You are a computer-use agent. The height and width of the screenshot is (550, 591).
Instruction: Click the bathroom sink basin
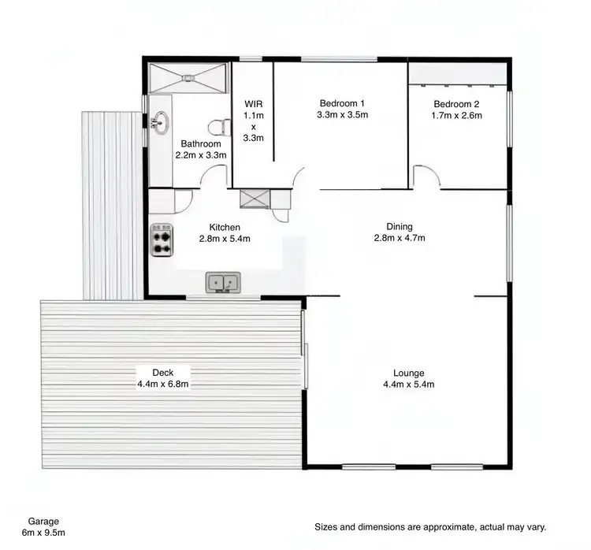click(162, 121)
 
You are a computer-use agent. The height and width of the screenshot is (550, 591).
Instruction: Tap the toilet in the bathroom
click(217, 126)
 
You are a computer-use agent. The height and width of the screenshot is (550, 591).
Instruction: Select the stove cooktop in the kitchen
click(162, 240)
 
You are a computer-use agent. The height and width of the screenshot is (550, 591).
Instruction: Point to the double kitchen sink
click(223, 282)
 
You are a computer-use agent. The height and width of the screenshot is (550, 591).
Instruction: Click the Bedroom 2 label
click(456, 104)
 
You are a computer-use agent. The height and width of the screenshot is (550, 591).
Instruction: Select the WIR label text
click(253, 103)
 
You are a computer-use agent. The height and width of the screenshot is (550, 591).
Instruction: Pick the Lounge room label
click(409, 373)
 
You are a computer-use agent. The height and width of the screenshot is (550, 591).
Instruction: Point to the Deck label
click(163, 372)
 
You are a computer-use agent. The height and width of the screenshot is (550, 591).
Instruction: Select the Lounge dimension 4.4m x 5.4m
click(409, 385)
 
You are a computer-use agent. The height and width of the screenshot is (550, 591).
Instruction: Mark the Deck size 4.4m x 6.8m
click(163, 385)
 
